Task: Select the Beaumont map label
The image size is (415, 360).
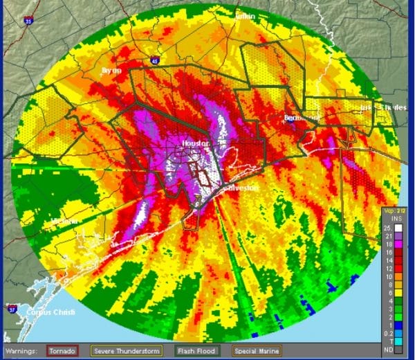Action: coord(299,118)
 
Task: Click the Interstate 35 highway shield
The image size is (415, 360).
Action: coord(28,21)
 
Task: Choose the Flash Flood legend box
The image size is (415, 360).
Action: coord(196,350)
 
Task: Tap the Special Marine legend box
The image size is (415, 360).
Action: coord(252,350)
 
